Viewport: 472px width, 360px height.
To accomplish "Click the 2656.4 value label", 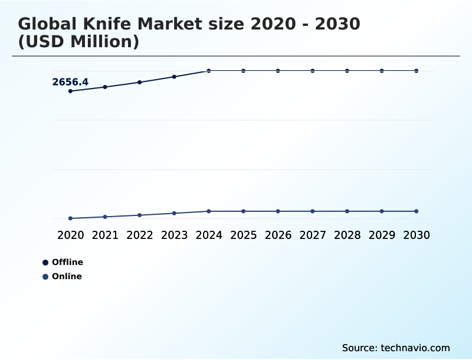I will pos(70,82).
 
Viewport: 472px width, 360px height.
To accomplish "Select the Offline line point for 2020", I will pos(70,91).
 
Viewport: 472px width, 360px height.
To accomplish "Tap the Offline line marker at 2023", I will pos(174,77).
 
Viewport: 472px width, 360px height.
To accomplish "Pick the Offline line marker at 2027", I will pos(313,71).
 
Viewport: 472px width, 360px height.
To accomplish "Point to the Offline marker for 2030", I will pos(417,71).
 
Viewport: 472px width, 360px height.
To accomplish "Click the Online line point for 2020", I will pos(70,218).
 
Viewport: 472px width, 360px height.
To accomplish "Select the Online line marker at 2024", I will pos(209,211).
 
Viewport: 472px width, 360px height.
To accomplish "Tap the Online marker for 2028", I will pos(347,211).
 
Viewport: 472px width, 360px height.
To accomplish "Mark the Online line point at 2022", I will pos(140,215).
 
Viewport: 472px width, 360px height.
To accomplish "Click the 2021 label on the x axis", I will pos(105,235).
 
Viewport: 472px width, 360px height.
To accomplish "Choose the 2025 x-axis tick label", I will pos(244,235).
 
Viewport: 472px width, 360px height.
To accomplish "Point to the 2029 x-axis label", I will pos(382,235).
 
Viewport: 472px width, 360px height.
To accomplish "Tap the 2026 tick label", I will pos(278,235).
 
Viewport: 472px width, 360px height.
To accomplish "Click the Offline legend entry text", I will pos(67,262).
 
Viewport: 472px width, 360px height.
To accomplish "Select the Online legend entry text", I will pos(67,276).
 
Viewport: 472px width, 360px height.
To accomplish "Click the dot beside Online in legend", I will pos(45,277).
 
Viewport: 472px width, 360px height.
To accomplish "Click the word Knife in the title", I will pos(104,25).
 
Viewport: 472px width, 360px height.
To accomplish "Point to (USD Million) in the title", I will pos(78,42).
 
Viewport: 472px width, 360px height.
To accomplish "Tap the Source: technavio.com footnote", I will pos(396,348).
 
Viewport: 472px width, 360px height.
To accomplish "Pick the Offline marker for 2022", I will pos(140,82).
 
